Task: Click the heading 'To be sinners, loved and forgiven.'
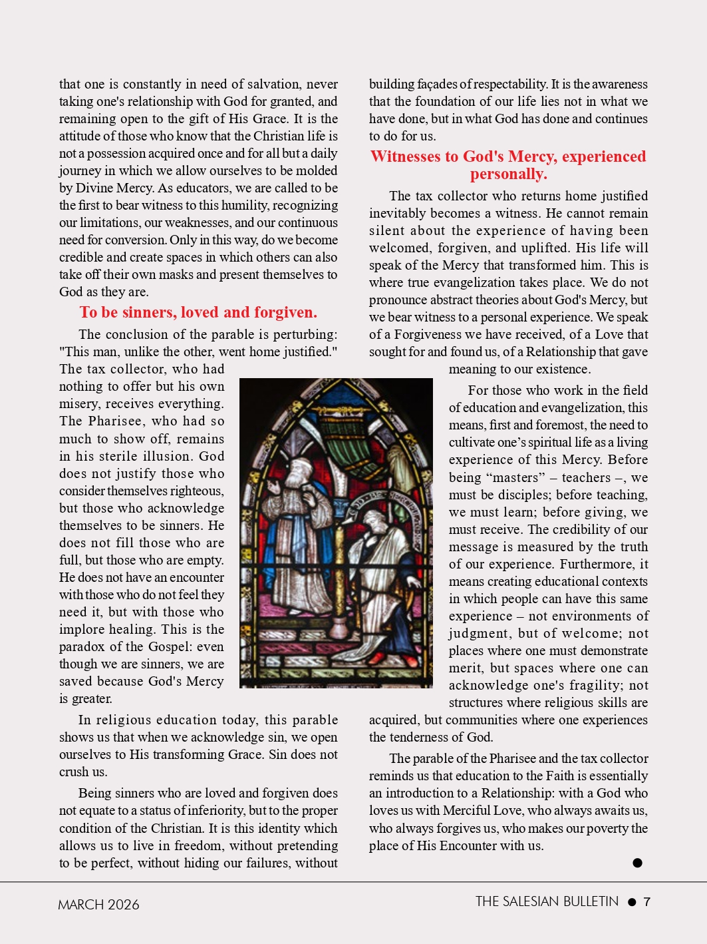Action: coord(198,312)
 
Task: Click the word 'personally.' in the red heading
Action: coord(509,174)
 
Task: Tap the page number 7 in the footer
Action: coord(647,902)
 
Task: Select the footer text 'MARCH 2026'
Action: coord(98,904)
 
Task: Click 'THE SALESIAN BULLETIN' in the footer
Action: coord(547,901)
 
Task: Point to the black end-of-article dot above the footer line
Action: coord(637,863)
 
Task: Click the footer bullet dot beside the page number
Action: coord(632,902)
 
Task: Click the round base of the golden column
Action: coord(339,628)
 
